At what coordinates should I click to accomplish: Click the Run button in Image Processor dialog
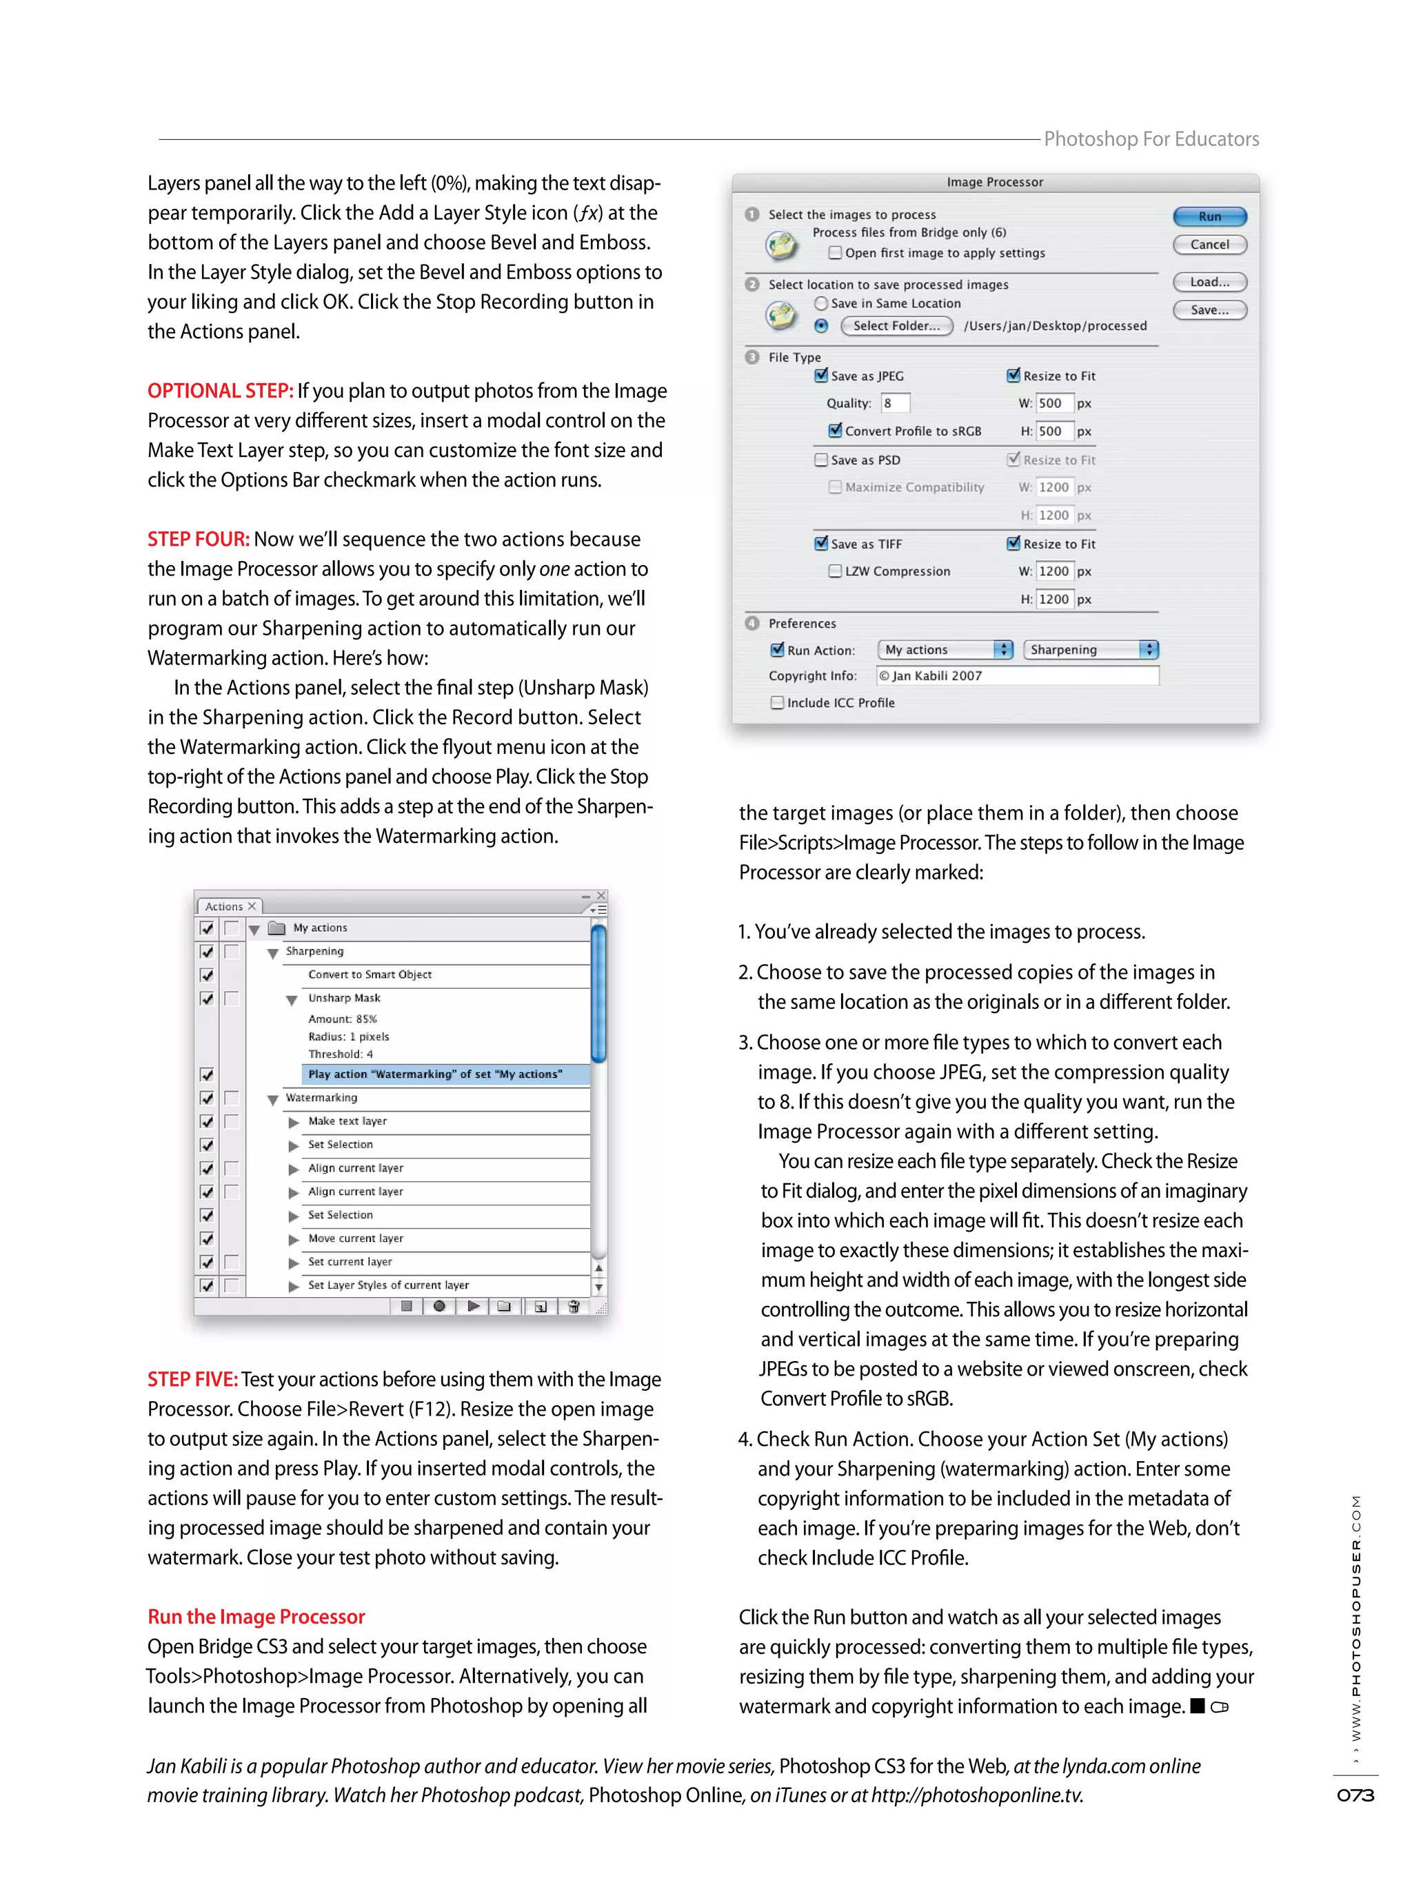tap(1209, 216)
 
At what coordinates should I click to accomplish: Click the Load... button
tap(1209, 282)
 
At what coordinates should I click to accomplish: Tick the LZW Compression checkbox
tap(834, 571)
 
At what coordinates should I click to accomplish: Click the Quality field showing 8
tap(894, 403)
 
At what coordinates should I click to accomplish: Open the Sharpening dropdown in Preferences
tap(1091, 649)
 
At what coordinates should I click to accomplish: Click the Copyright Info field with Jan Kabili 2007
tap(1016, 675)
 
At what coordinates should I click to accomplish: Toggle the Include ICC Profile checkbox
tap(776, 702)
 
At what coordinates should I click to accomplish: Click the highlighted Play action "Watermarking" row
tap(436, 1074)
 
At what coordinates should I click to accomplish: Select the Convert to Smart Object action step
tap(370, 974)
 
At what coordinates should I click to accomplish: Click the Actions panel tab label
tap(224, 906)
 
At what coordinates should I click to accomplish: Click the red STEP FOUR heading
tap(198, 539)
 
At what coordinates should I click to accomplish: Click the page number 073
tap(1354, 1795)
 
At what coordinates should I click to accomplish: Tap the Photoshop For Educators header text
tap(1151, 139)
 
